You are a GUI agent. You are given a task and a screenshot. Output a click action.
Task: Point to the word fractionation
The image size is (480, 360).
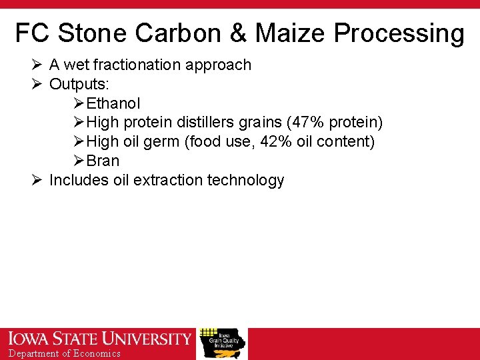click(x=137, y=65)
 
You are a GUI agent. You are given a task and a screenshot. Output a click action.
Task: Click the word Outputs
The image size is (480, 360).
click(x=79, y=84)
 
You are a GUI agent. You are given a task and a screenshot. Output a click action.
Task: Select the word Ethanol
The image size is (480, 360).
click(x=113, y=103)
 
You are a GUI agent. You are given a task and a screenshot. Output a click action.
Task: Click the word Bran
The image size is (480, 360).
click(x=103, y=161)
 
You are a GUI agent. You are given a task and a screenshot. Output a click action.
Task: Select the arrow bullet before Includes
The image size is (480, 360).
click(x=37, y=180)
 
